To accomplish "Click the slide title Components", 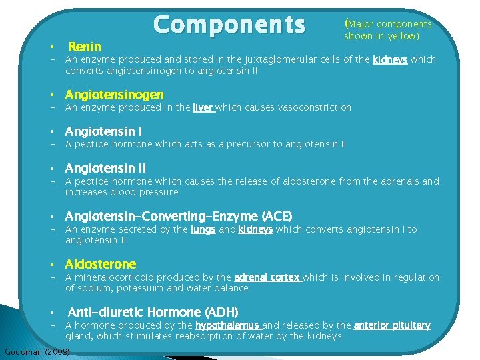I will tap(229, 25).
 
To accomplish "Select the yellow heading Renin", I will tap(85, 47).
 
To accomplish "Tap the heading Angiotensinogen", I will tap(114, 95).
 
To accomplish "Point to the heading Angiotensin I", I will tap(103, 132).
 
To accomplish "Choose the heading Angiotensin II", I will tap(105, 169).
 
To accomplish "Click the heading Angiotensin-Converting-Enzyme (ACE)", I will tap(178, 217).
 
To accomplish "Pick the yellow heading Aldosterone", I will tap(100, 265).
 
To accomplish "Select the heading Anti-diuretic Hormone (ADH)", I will tap(153, 312).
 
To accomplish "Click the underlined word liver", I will tap(203, 107).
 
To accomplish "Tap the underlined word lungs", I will tap(203, 229).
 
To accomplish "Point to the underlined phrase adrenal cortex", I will tap(267, 277).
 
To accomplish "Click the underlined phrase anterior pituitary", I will tap(392, 325).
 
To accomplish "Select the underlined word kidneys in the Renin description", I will tap(390, 59).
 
